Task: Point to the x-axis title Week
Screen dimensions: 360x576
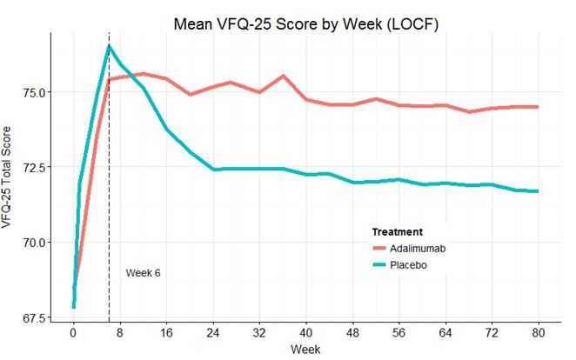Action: [x=305, y=350]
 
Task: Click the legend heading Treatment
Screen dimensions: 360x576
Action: [x=398, y=232]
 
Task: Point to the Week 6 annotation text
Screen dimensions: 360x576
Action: [x=144, y=273]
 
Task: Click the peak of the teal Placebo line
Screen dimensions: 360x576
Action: [x=109, y=45]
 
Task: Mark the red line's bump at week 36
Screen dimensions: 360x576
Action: [x=283, y=76]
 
